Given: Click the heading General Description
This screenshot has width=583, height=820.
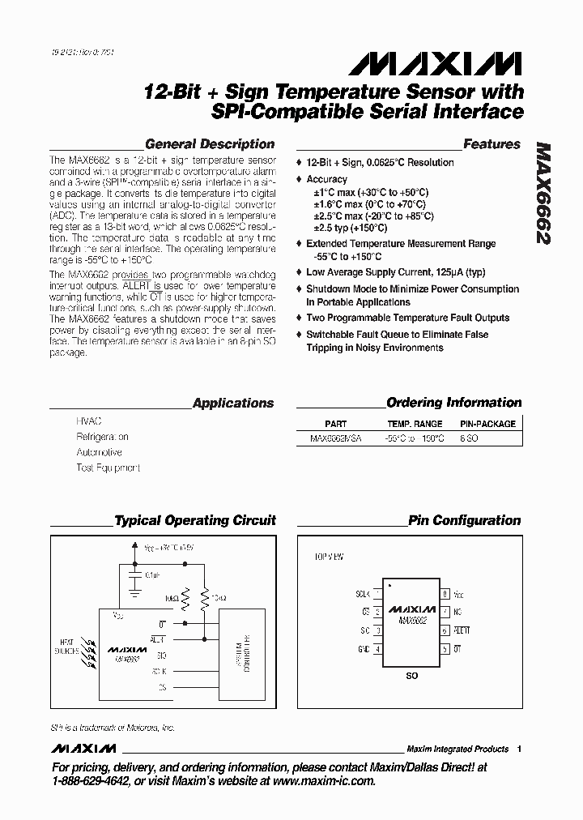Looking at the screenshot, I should point(209,144).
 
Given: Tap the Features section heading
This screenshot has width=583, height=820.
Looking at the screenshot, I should point(492,144).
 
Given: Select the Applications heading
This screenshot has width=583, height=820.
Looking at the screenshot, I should point(233,403).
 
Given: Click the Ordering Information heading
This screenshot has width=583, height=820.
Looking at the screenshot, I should point(453,403).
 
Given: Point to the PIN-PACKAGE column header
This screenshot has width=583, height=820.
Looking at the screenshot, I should point(487,424).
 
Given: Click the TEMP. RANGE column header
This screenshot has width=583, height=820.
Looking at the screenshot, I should point(415,424).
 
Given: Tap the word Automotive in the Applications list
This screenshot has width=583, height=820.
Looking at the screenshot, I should point(99,452).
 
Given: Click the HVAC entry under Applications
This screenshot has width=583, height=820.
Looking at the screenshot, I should point(89,422).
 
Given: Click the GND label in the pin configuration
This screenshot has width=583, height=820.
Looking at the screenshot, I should point(364,649).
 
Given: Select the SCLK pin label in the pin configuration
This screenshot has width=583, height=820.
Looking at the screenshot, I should point(363,593).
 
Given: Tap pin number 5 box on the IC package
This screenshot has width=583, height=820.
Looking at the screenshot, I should point(445,649).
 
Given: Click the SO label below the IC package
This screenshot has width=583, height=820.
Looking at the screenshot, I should point(411,675).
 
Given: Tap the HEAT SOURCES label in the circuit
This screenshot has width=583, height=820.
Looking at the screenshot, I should point(66,646).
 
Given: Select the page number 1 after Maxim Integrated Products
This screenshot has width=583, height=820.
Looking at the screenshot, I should point(519,749).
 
